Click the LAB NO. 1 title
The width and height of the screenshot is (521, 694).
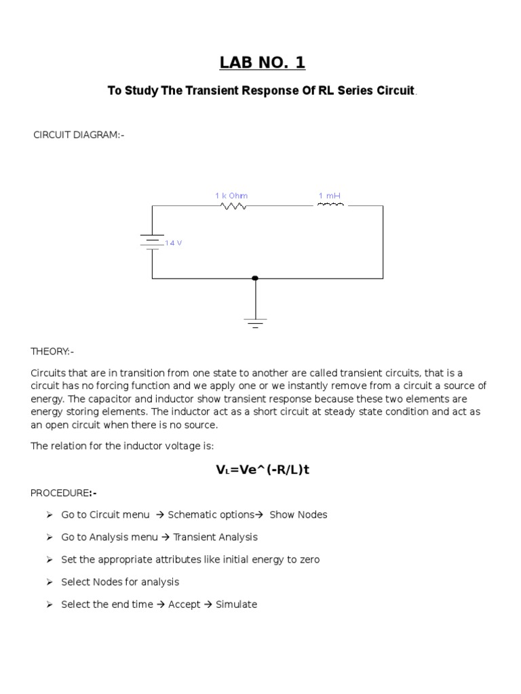coord(263,63)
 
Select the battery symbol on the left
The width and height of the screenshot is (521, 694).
coord(152,242)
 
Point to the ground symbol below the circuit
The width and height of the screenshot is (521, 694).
coord(256,322)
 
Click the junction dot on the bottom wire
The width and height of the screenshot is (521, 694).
coord(255,278)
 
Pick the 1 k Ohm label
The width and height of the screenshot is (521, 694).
coord(231,196)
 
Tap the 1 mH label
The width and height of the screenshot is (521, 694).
coord(330,196)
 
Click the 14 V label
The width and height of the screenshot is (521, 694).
coord(174,243)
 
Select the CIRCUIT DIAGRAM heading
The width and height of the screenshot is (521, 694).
coord(79,135)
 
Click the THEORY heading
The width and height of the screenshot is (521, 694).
coord(52,351)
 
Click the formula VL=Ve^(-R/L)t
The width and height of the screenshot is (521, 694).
coord(263,469)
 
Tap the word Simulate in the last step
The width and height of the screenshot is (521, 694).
coord(236,605)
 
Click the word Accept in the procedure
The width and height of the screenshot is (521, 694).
coord(184,605)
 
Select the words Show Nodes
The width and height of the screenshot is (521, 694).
coord(298,514)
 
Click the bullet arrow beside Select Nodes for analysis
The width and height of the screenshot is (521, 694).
coord(50,582)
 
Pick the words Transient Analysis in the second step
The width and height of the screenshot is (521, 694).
coord(215,537)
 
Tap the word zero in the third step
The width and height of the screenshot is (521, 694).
coord(307,559)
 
